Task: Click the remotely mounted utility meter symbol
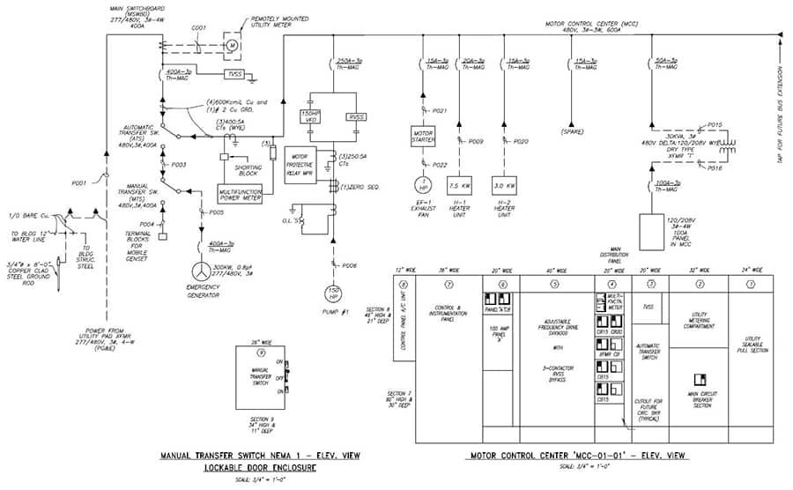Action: pos(233,43)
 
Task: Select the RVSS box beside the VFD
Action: pos(355,116)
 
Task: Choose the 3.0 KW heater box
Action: pos(504,186)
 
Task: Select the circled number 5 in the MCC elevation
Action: pos(554,284)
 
